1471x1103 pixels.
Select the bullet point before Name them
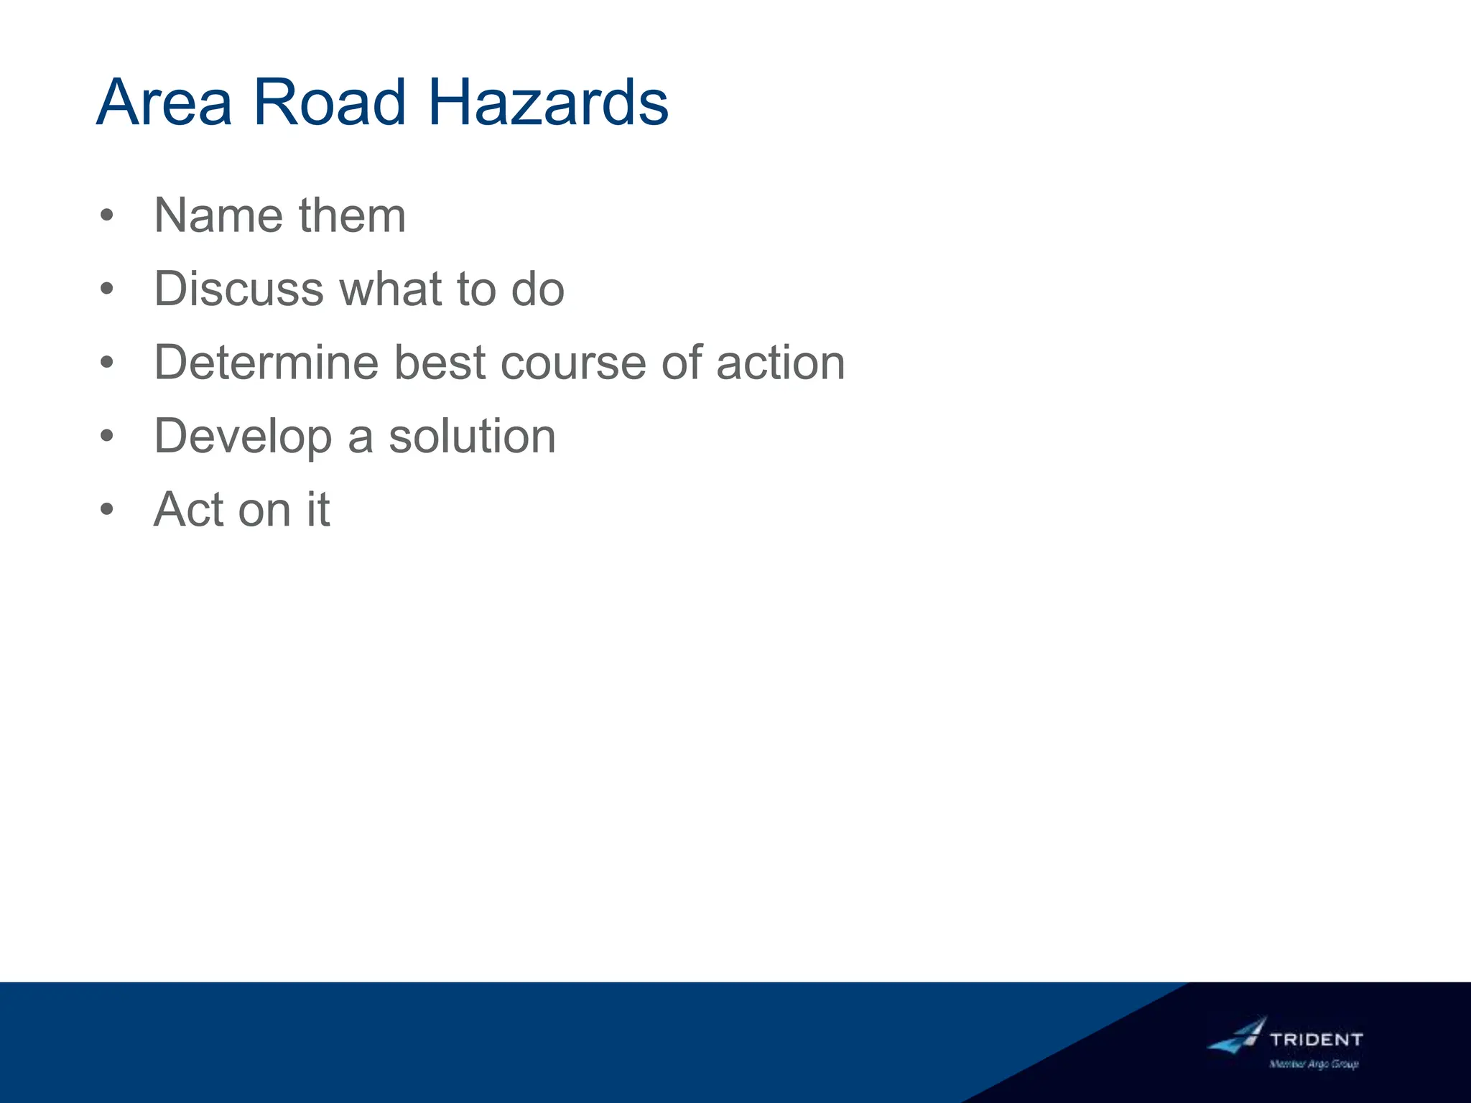(x=107, y=215)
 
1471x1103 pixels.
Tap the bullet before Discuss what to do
(x=107, y=289)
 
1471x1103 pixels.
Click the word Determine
(x=266, y=363)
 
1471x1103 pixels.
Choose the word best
(x=440, y=363)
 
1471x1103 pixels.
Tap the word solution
(x=472, y=437)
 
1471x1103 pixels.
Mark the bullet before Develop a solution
(x=107, y=436)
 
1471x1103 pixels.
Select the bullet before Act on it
(x=107, y=510)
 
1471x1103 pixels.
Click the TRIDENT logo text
(x=1316, y=1039)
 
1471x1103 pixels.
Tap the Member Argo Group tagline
(x=1314, y=1064)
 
